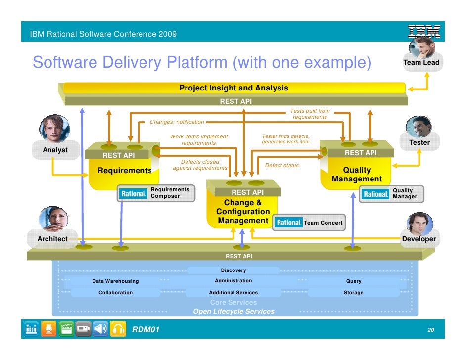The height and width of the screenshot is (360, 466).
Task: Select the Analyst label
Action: pyautogui.click(x=55, y=150)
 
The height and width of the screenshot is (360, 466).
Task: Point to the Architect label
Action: pyautogui.click(x=52, y=239)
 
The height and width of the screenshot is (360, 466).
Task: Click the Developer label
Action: pyautogui.click(x=419, y=239)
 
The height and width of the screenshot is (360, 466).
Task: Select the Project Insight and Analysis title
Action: pyautogui.click(x=233, y=88)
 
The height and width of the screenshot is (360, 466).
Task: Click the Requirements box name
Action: pyautogui.click(x=125, y=171)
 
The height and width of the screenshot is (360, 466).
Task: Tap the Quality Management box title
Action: pyautogui.click(x=357, y=174)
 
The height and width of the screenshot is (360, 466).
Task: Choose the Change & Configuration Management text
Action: pyautogui.click(x=243, y=212)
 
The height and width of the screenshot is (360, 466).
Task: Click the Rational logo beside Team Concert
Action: pyautogui.click(x=289, y=223)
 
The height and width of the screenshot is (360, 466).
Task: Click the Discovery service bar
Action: pyautogui.click(x=233, y=270)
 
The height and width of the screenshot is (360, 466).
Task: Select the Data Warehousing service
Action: pyautogui.click(x=115, y=281)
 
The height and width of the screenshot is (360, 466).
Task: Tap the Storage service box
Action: pyautogui.click(x=353, y=293)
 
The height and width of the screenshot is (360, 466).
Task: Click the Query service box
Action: pyautogui.click(x=353, y=281)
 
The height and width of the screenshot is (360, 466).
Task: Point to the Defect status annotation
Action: pyautogui.click(x=282, y=165)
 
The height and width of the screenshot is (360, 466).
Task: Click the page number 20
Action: pyautogui.click(x=431, y=330)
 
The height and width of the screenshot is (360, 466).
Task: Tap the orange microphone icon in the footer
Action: pyautogui.click(x=48, y=329)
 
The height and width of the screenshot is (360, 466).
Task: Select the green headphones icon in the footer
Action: pyautogui.click(x=118, y=329)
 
